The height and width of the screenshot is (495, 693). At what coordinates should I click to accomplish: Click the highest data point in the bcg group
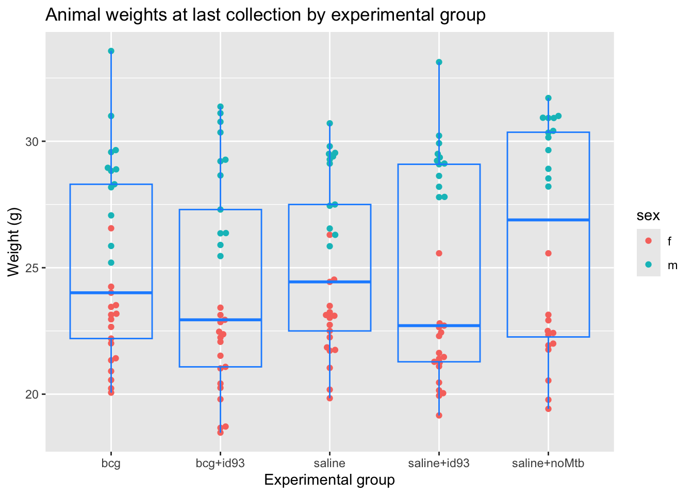(111, 51)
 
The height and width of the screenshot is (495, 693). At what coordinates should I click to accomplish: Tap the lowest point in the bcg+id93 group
(220, 433)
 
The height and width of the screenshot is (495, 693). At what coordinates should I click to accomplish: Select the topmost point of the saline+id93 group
(439, 62)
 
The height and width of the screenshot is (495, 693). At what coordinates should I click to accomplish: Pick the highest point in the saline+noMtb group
(548, 98)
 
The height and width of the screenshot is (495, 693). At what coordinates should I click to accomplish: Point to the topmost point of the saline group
(329, 123)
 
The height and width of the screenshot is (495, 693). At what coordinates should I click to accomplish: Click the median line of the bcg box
(111, 293)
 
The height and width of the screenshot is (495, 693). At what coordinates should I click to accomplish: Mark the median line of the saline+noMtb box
(548, 220)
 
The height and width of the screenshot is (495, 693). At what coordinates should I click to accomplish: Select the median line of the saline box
(329, 282)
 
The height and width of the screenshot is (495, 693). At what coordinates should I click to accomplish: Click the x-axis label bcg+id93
(220, 463)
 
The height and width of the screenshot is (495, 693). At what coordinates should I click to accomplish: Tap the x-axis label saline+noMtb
(548, 463)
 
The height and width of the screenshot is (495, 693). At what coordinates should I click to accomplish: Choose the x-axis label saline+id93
(439, 463)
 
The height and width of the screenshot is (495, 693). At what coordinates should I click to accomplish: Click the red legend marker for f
(649, 241)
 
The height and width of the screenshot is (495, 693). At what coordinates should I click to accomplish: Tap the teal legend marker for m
(649, 265)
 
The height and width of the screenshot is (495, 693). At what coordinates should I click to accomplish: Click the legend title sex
(648, 216)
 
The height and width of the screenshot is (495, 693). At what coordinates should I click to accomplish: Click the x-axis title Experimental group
(329, 481)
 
